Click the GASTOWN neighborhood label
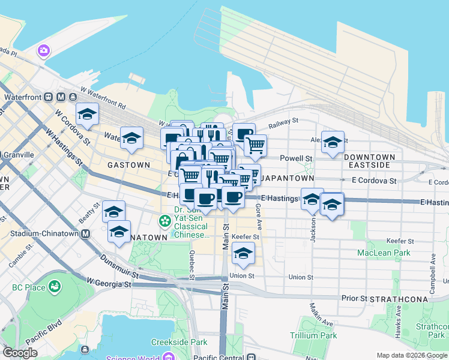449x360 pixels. pyautogui.click(x=128, y=164)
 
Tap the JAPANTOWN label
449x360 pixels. pyautogui.click(x=288, y=179)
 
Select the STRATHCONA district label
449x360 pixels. pyautogui.click(x=400, y=299)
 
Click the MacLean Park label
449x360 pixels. pyautogui.click(x=384, y=253)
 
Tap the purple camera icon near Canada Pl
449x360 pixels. pyautogui.click(x=43, y=50)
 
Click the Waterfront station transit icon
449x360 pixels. pyautogui.click(x=62, y=97)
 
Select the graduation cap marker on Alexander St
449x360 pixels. pyautogui.click(x=333, y=142)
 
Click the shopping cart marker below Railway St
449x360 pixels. pyautogui.click(x=255, y=145)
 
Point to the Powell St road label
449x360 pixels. pyautogui.click(x=300, y=158)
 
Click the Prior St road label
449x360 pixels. pyautogui.click(x=354, y=298)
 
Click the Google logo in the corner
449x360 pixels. pyautogui.click(x=20, y=353)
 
